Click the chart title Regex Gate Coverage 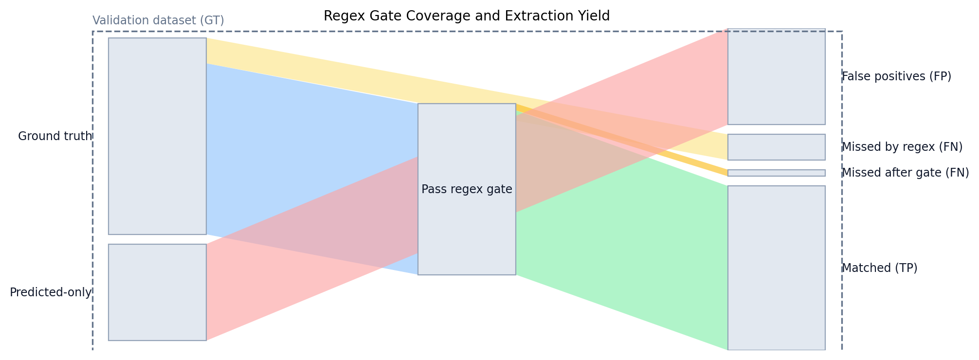(466, 16)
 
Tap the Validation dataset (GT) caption (158, 20)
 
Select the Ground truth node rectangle (157, 136)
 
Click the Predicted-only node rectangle (157, 292)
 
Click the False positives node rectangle (776, 76)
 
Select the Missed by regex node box (776, 147)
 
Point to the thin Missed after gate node (776, 173)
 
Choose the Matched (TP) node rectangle (776, 268)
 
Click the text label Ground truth (55, 136)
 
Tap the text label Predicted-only (51, 292)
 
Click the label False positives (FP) (896, 76)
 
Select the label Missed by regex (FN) (902, 147)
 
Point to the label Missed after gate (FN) (905, 173)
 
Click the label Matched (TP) (879, 268)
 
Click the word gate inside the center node (501, 190)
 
